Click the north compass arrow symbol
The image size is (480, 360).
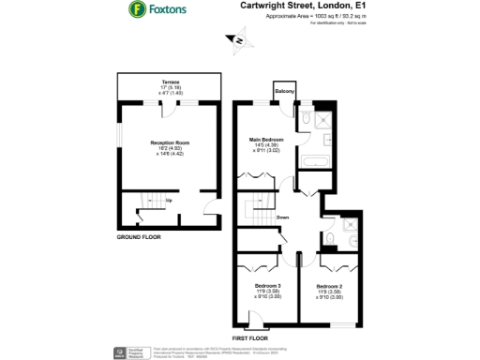(238, 40)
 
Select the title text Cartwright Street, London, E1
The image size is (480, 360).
(302, 6)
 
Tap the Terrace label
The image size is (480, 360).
(171, 82)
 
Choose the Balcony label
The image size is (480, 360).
(285, 91)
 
